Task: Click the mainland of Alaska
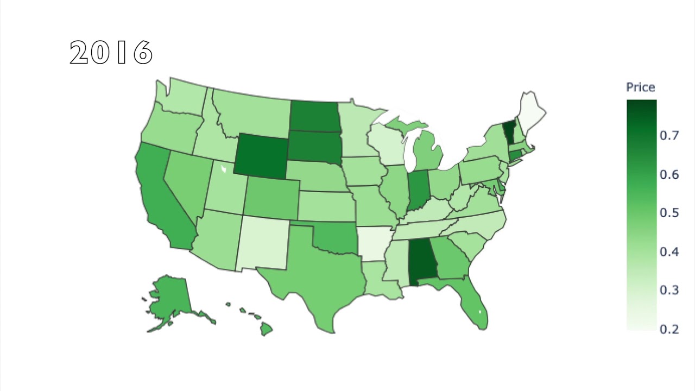coord(171,296)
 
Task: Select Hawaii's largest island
coord(266,329)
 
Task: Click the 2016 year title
coord(111,53)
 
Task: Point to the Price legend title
coord(641,87)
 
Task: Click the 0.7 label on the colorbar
coord(669,135)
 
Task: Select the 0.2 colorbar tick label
coord(669,329)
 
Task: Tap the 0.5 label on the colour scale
coord(669,212)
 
